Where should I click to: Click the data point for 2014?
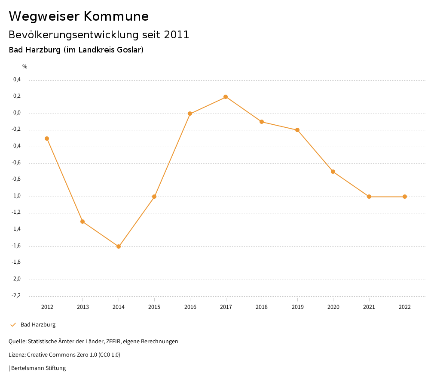119,246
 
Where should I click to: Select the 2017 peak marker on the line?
226,97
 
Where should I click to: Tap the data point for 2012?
47,139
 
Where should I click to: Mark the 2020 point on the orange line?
333,172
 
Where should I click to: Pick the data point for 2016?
190,114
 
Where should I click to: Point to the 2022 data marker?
405,197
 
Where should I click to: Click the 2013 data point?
82,222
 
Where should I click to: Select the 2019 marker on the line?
297,130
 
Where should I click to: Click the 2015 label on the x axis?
154,307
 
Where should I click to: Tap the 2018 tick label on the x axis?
262,307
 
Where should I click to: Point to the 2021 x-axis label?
369,307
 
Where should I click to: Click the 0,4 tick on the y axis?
17,80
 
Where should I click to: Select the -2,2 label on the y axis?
16,296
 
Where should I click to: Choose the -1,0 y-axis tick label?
16,196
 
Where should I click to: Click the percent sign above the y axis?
25,66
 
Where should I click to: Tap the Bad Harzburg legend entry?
38,325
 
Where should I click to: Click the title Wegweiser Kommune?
79,16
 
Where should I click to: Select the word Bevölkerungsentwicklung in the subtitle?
72,35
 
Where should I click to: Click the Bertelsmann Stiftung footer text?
38,368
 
